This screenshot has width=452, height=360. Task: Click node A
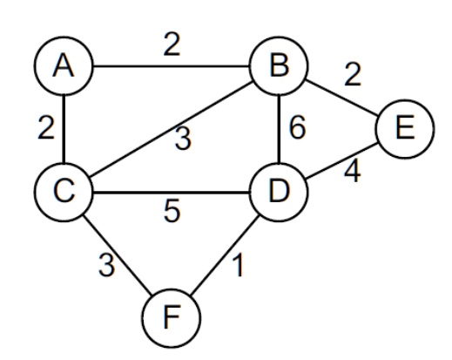pos(64,66)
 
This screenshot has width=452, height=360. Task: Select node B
pos(279,66)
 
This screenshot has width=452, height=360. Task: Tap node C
pos(64,192)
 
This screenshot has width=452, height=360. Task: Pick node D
pos(279,192)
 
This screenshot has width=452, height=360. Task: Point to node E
pos(405,129)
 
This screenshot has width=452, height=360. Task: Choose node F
pos(172,318)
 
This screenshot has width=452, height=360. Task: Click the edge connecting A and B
pos(172,66)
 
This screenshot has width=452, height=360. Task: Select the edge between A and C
pos(64,129)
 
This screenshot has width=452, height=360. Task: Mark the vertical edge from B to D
pos(279,129)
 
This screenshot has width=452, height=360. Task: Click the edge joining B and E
pos(341,98)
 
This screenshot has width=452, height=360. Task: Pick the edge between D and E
pos(341,160)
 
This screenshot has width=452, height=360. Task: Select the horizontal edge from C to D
pos(172,192)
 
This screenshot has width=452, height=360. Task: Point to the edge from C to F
pos(118,255)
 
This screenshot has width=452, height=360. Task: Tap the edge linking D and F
pos(225,255)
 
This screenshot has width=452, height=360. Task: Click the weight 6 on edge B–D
pos(298,127)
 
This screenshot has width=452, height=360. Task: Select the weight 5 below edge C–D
pos(172,211)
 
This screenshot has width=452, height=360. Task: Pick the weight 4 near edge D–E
pos(353,171)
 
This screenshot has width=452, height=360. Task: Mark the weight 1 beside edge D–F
pos(238,265)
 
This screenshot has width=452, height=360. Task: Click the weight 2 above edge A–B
pos(172,44)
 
